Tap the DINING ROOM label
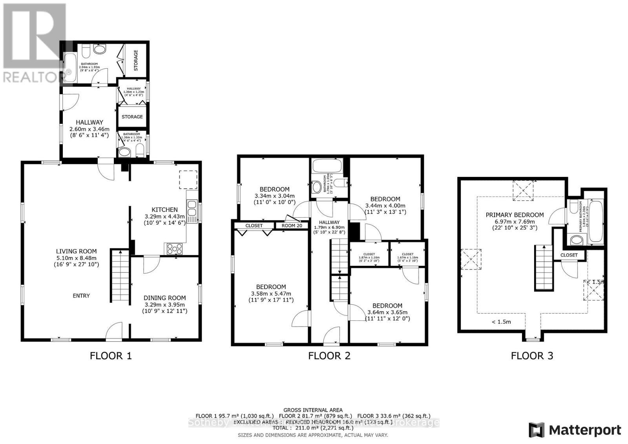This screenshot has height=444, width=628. pos(164,298)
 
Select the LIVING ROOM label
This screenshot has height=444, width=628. pos(76,251)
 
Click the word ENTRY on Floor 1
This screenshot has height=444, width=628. pos(81,296)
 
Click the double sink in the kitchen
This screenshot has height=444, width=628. pos(192,208)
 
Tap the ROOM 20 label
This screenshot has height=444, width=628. pos(292,226)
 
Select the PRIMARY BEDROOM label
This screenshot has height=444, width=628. pos(515,215)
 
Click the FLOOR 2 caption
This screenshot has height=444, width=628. pos(329,356)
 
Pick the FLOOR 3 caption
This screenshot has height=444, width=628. pos(532,356)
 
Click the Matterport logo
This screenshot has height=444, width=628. pos(575,430)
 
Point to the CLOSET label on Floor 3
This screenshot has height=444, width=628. pos(569,255)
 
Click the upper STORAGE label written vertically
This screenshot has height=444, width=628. pos(136,60)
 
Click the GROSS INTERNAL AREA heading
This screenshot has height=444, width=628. pos(313,410)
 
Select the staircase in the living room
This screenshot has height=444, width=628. pos(120,276)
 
